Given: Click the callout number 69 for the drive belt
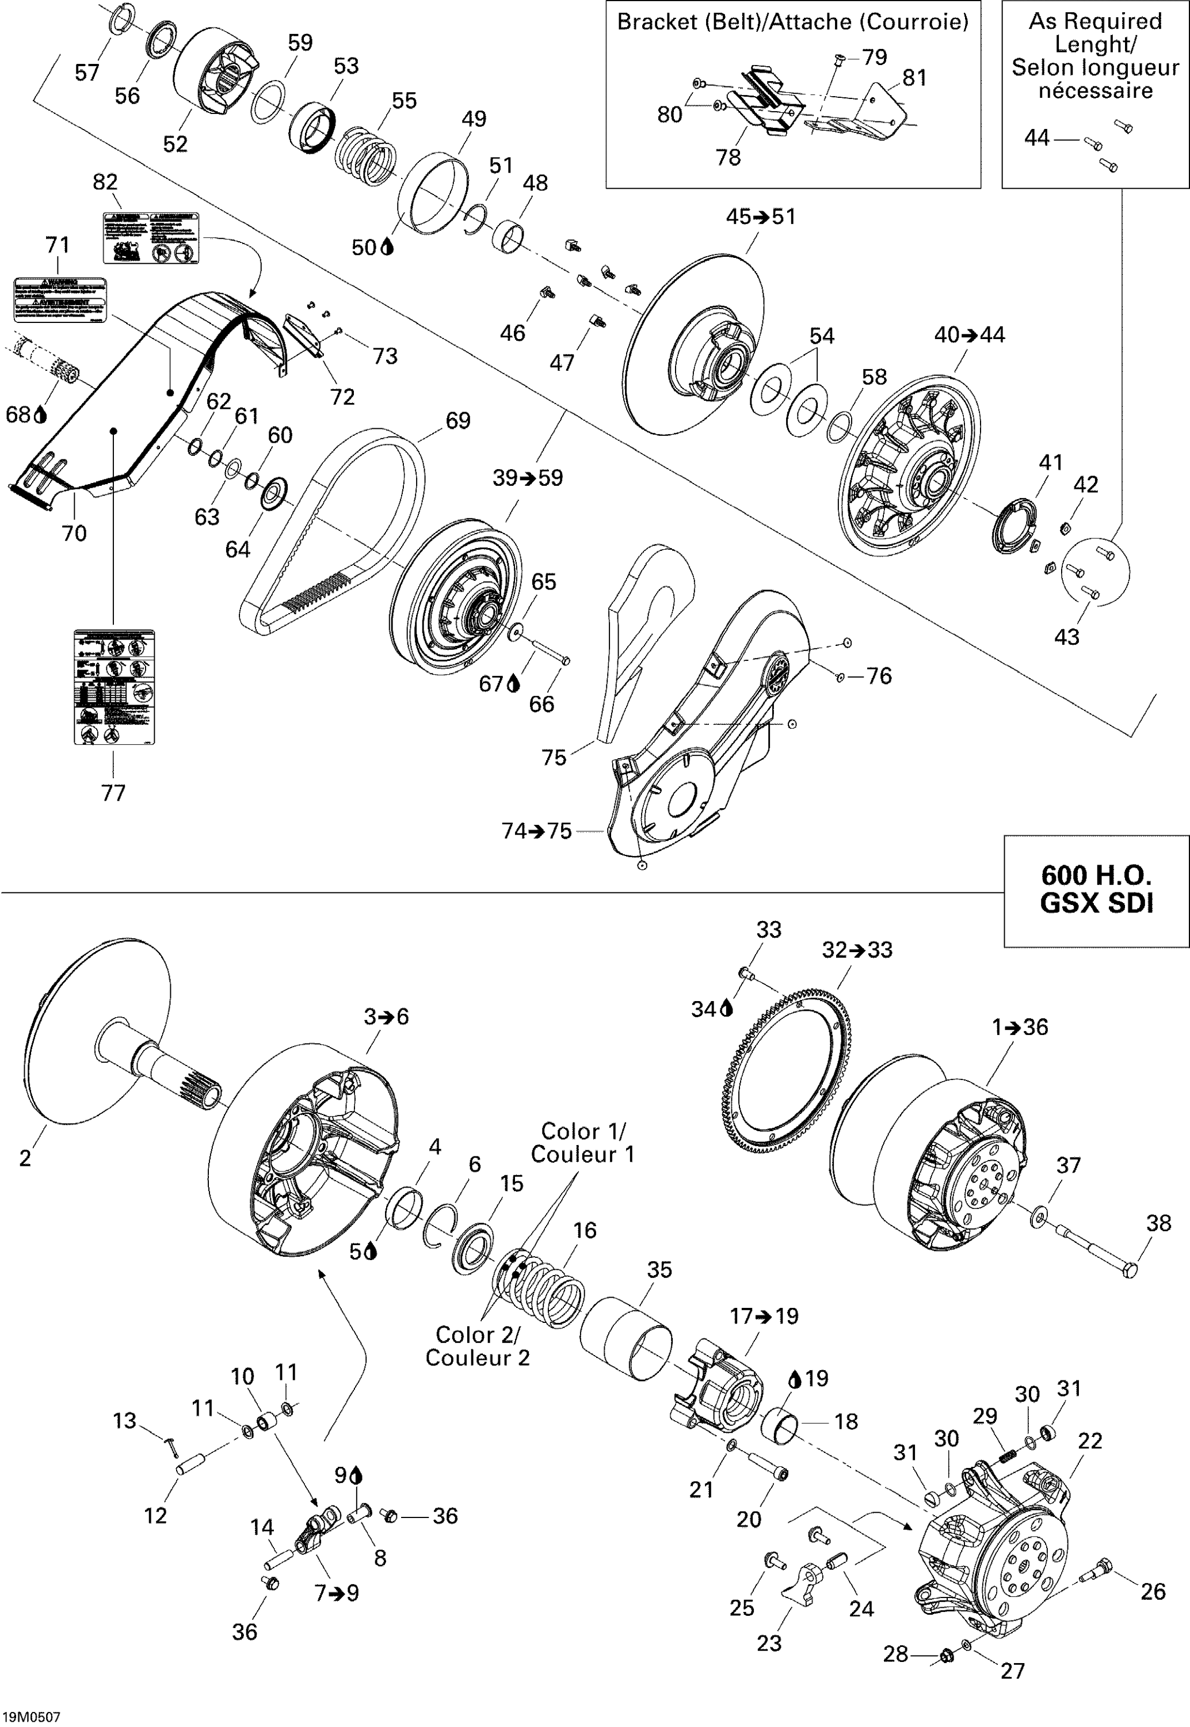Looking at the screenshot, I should pyautogui.click(x=458, y=421).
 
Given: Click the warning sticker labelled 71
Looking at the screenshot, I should pyautogui.click(x=60, y=299).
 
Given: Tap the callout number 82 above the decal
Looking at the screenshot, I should pyautogui.click(x=105, y=182).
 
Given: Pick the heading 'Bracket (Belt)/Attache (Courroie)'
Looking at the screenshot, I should pyautogui.click(x=792, y=22).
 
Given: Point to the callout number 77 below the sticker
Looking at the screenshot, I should pyautogui.click(x=113, y=793).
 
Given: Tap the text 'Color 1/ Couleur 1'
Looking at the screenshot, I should pyautogui.click(x=582, y=1142).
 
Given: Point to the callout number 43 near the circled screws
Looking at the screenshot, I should pyautogui.click(x=1066, y=637).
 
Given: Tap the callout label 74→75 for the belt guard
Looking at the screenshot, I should pyautogui.click(x=536, y=831).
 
